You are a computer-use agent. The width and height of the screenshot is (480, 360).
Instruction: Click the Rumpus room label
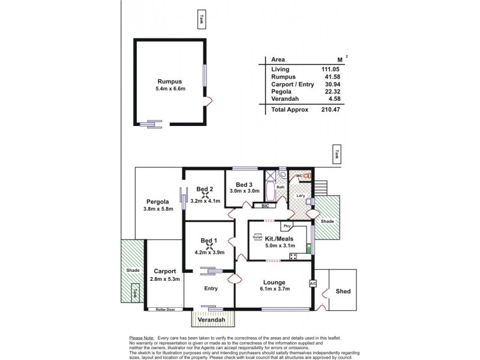click(169, 82)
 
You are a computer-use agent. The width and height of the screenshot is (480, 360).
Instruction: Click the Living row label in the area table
click(280, 70)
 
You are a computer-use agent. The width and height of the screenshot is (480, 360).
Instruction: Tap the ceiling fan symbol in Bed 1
click(210, 245)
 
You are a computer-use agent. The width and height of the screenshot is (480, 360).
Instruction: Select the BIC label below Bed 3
click(264, 206)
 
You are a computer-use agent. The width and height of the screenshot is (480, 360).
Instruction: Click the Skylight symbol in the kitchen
click(257, 237)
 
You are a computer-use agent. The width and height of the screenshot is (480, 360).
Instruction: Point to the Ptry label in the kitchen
click(287, 226)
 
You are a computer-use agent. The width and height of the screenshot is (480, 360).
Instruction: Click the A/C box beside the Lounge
click(313, 283)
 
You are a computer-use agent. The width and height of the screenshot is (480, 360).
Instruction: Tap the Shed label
click(343, 292)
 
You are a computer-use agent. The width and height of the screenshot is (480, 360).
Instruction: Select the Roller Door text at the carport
click(164, 309)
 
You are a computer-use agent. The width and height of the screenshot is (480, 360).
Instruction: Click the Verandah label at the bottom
click(212, 320)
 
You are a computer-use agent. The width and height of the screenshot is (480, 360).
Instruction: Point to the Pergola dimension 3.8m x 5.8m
click(158, 209)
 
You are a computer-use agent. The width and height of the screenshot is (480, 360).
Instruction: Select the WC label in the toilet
click(299, 176)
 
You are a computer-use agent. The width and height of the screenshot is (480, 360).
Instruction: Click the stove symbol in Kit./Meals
click(295, 256)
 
